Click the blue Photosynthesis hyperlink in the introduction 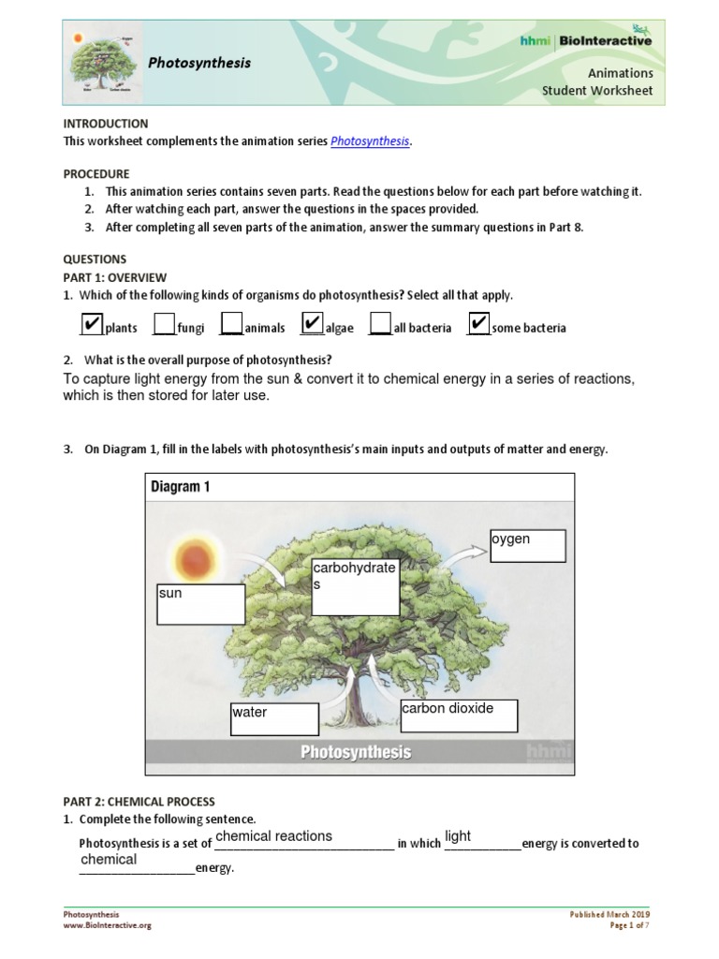(x=370, y=141)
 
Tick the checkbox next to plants (x=91, y=324)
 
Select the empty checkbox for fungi (x=164, y=325)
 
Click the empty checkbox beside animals (x=231, y=325)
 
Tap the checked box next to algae (x=312, y=324)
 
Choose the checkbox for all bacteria (x=380, y=325)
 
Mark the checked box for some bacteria (x=477, y=324)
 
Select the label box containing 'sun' (x=200, y=604)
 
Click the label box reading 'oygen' (x=528, y=546)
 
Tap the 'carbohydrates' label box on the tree (x=355, y=588)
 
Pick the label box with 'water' (x=273, y=719)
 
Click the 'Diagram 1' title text (x=187, y=488)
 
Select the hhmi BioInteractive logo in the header (x=586, y=40)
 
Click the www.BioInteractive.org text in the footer (x=107, y=925)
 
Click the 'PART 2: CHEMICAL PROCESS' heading (x=139, y=802)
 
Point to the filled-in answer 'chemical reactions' (x=273, y=836)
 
